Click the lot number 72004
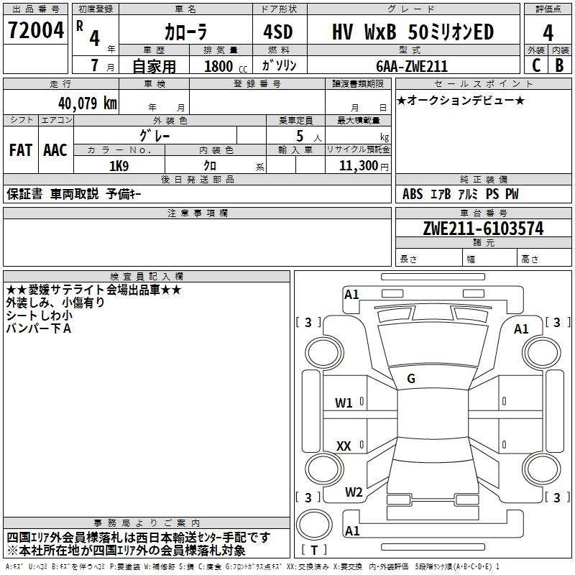pyautogui.click(x=36, y=30)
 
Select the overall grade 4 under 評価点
pyautogui.click(x=548, y=33)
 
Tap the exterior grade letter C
pyautogui.click(x=536, y=65)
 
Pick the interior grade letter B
pyautogui.click(x=559, y=65)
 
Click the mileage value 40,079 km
pyautogui.click(x=87, y=103)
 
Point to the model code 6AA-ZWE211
pyautogui.click(x=412, y=66)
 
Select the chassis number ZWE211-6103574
pyautogui.click(x=483, y=229)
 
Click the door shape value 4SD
pyautogui.click(x=278, y=32)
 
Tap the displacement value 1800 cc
pyautogui.click(x=226, y=66)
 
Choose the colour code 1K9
pyautogui.click(x=119, y=166)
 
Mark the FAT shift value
pyautogui.click(x=21, y=150)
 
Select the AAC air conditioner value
pyautogui.click(x=55, y=150)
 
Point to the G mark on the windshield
pyautogui.click(x=411, y=379)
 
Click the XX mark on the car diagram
pyautogui.click(x=344, y=446)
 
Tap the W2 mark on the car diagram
pyautogui.click(x=354, y=492)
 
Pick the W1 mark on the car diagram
pyautogui.click(x=344, y=403)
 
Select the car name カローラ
pyautogui.click(x=185, y=32)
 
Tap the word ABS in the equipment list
pyautogui.click(x=413, y=194)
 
